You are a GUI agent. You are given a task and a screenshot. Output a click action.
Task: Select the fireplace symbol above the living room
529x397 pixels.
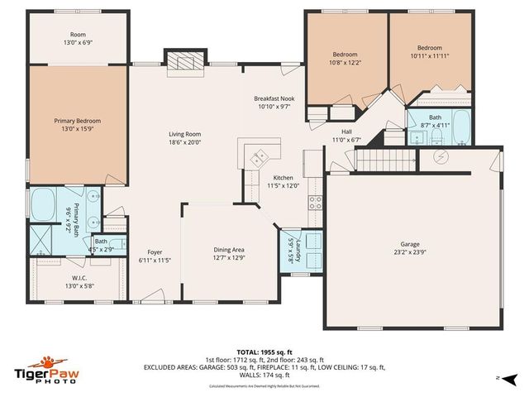coord(183,63)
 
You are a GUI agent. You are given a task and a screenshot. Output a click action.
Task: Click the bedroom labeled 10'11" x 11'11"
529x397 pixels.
coord(429,52)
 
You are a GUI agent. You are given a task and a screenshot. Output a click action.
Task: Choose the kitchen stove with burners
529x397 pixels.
coord(314,200)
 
